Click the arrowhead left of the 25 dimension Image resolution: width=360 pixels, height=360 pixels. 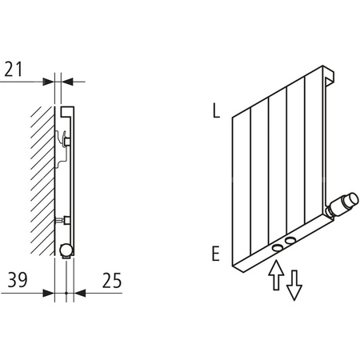click(x=77, y=294)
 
